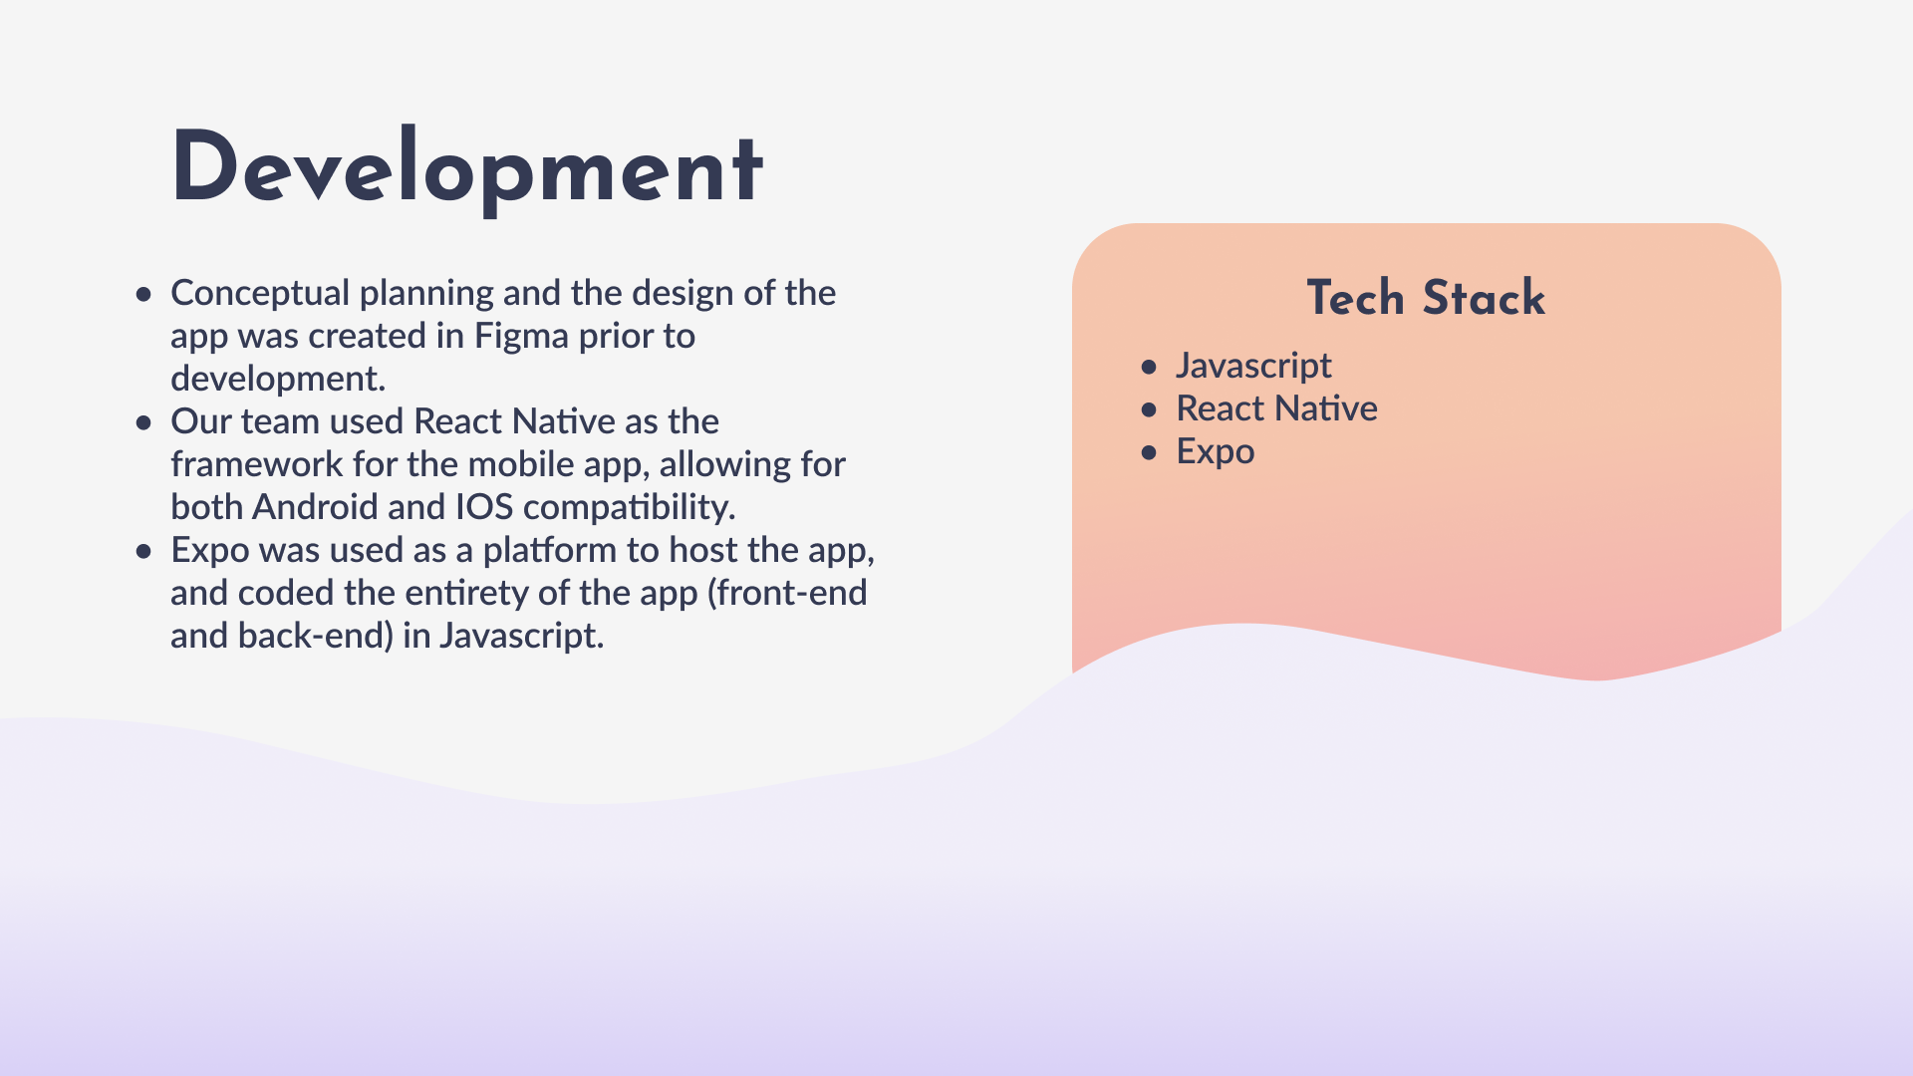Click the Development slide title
(467, 168)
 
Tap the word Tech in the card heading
(1356, 298)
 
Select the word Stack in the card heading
(1484, 298)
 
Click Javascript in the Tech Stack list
(1253, 366)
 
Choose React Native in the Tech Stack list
(1276, 408)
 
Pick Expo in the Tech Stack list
(1216, 452)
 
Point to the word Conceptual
(261, 293)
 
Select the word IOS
(484, 507)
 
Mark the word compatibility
(630, 508)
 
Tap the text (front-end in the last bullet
(787, 593)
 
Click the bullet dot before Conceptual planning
(144, 295)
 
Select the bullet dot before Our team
(144, 423)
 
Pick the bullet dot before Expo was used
(144, 552)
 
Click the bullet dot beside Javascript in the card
(1150, 368)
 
